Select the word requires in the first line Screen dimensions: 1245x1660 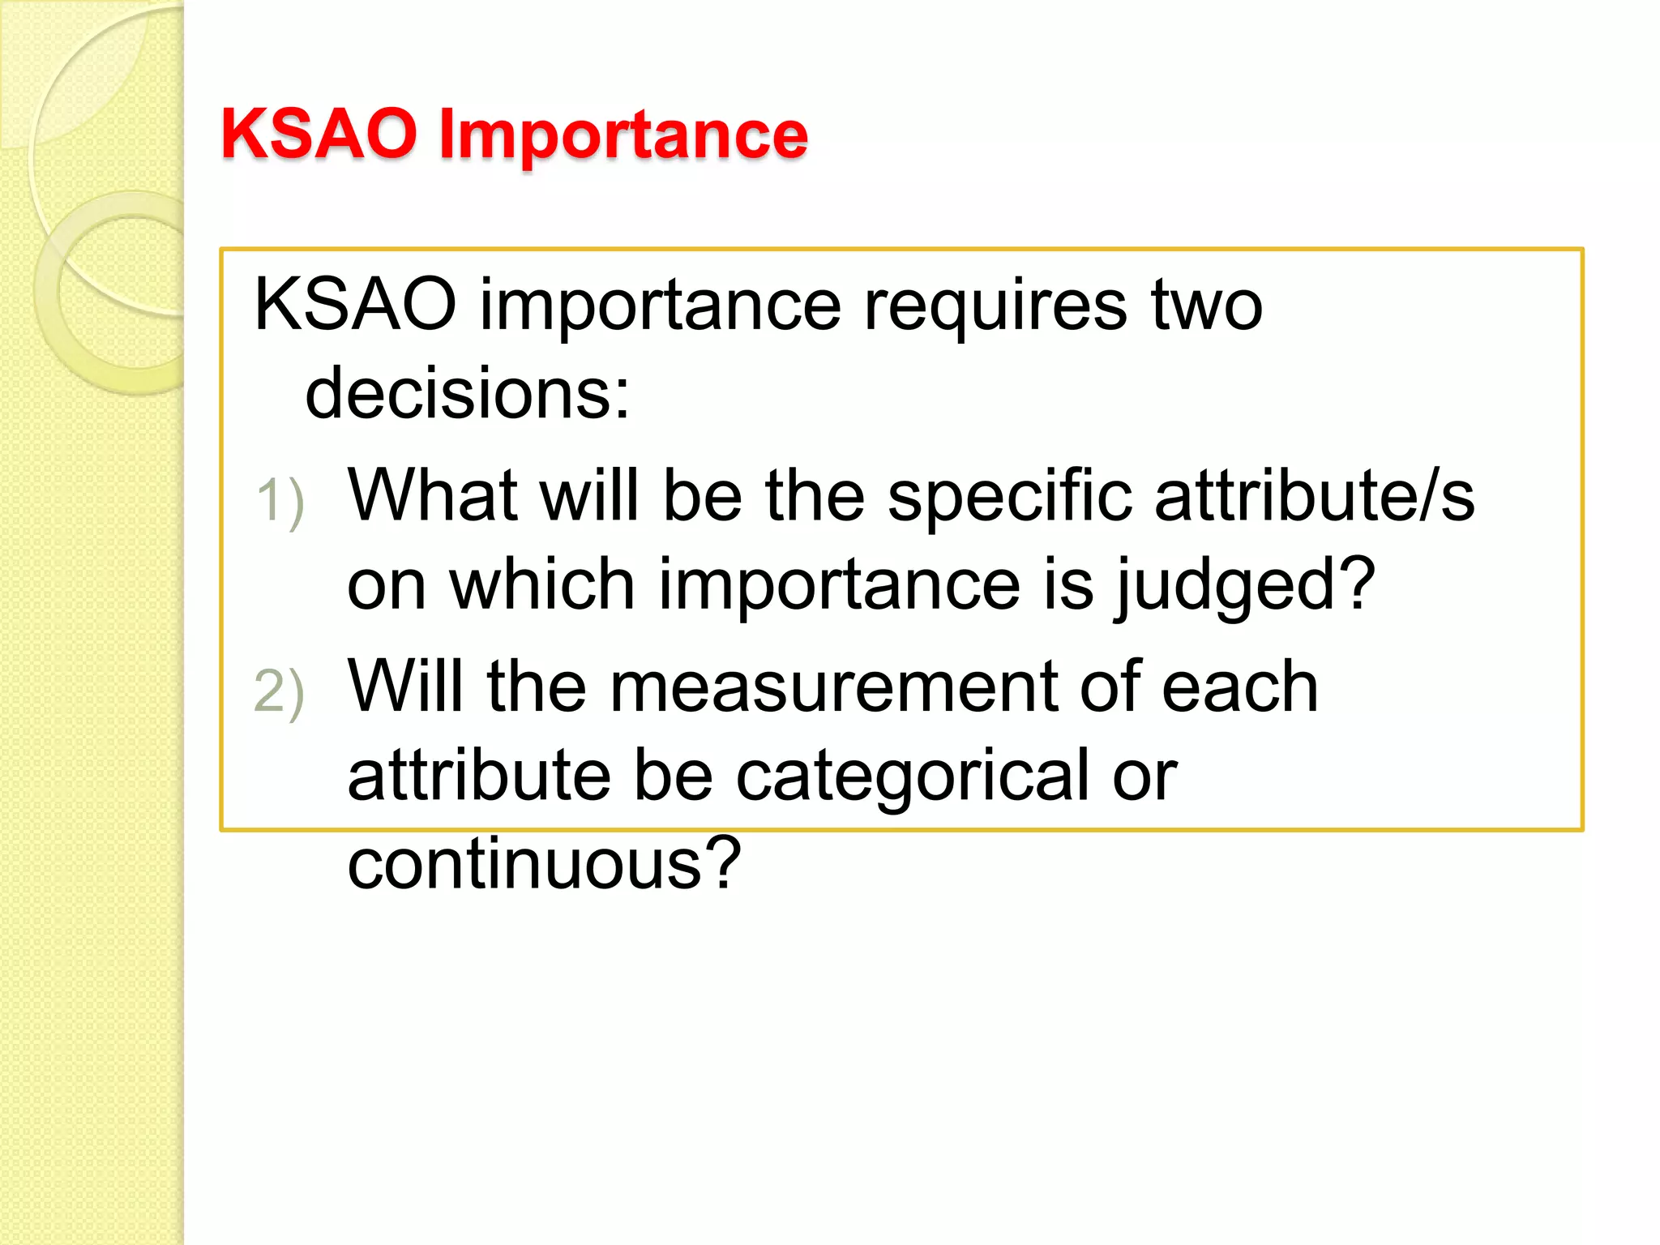click(x=995, y=306)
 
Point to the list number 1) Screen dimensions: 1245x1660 click(x=280, y=500)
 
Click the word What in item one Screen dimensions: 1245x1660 click(x=432, y=495)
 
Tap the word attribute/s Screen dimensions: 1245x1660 click(x=1314, y=495)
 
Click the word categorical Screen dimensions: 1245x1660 click(x=912, y=777)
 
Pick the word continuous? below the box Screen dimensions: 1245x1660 click(x=544, y=864)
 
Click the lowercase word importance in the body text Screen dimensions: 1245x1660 click(x=661, y=308)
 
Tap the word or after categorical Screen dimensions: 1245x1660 click(x=1144, y=777)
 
